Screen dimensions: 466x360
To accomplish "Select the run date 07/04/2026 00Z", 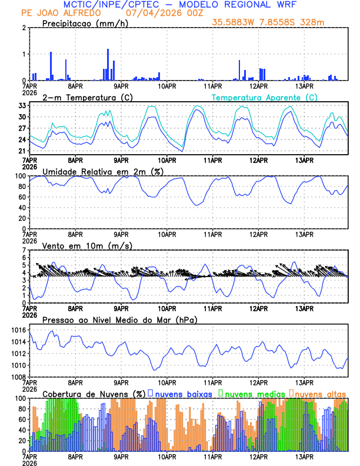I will point(160,13).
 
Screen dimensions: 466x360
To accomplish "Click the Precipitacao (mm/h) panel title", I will point(85,24).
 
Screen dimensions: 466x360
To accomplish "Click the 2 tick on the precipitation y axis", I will point(24,28).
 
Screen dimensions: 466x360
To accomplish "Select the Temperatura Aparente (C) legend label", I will point(264,97).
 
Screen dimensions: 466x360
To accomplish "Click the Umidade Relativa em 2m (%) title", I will point(102,171).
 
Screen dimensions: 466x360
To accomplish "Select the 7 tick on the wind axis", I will point(24,250).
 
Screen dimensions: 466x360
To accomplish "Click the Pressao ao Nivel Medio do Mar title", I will point(119,319).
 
